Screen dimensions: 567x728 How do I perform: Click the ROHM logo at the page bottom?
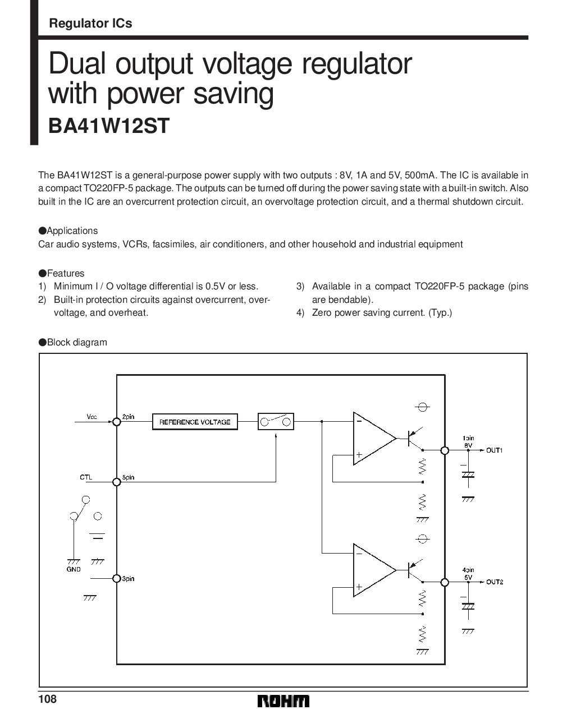click(x=283, y=701)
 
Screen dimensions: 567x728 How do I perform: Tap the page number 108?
click(x=48, y=699)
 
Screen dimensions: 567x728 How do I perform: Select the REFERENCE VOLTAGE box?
click(x=195, y=422)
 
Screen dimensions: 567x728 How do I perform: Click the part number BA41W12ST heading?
click(x=109, y=126)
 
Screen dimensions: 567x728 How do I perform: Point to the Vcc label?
click(x=92, y=416)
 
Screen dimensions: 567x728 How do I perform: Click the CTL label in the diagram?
click(x=86, y=477)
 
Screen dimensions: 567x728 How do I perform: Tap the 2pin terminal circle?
click(x=116, y=422)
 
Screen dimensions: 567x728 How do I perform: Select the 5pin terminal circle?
click(x=116, y=482)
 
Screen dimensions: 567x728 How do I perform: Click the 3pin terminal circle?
click(x=116, y=579)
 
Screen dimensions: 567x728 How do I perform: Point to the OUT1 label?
click(x=495, y=450)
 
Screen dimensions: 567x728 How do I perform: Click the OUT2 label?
click(x=495, y=582)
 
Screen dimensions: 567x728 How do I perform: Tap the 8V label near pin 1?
click(x=468, y=445)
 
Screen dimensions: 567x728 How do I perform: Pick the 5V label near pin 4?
click(x=468, y=577)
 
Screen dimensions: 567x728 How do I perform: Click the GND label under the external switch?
click(x=74, y=569)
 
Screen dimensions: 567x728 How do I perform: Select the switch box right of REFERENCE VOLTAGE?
click(x=276, y=422)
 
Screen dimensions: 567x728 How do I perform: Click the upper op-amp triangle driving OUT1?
click(x=374, y=439)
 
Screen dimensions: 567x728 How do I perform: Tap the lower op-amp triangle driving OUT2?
click(x=374, y=570)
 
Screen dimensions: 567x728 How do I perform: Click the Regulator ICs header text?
click(x=90, y=23)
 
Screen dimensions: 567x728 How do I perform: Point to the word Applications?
click(x=72, y=231)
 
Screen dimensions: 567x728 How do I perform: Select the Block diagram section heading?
click(x=77, y=342)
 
